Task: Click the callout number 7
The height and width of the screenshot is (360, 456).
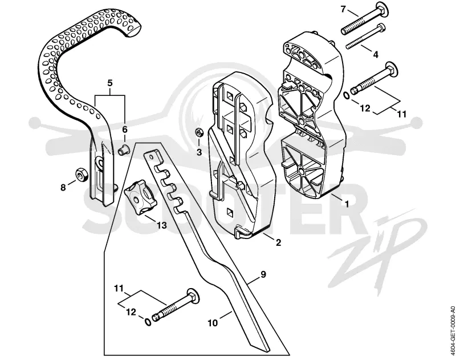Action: pos(343,9)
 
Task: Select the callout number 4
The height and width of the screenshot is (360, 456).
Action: pos(376,54)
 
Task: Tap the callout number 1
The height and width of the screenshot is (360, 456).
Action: pos(347,204)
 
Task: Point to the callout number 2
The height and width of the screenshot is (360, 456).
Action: pos(278,242)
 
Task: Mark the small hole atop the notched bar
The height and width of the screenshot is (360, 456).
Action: pos(150,156)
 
